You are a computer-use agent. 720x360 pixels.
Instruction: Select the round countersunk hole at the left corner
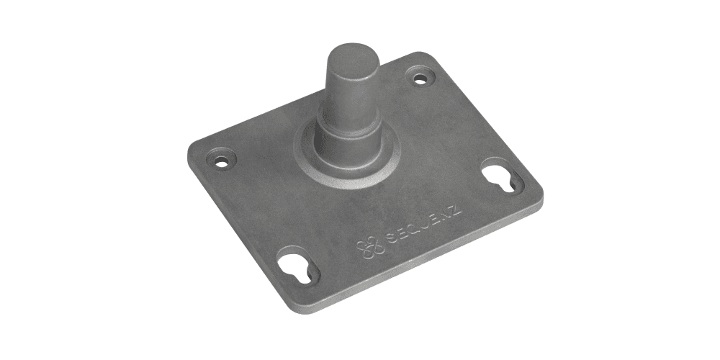coord(221,158)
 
